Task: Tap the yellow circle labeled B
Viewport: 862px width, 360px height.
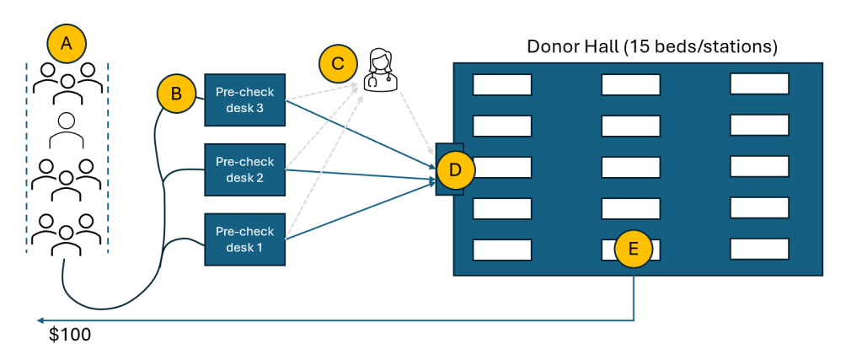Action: pyautogui.click(x=176, y=94)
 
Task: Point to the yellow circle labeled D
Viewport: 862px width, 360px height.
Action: pyautogui.click(x=456, y=169)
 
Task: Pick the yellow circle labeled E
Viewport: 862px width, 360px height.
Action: pyautogui.click(x=634, y=248)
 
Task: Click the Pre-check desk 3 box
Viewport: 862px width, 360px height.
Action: pyautogui.click(x=245, y=99)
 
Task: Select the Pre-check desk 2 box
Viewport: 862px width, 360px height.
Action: pyautogui.click(x=245, y=169)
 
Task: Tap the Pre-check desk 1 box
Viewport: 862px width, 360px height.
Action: pyautogui.click(x=245, y=239)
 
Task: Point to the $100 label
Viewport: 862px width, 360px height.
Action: pyautogui.click(x=70, y=335)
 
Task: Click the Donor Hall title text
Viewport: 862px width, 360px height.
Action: pyautogui.click(x=651, y=46)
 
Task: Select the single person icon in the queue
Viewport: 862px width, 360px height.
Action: pyautogui.click(x=67, y=128)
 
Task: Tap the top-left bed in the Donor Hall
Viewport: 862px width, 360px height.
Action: pyautogui.click(x=502, y=84)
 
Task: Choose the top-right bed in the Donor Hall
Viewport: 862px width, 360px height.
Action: pyautogui.click(x=759, y=84)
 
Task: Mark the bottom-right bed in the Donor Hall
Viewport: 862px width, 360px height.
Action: pyautogui.click(x=759, y=249)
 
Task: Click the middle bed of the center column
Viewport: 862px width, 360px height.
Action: pyautogui.click(x=630, y=167)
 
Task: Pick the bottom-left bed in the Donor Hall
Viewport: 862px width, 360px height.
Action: pyautogui.click(x=502, y=250)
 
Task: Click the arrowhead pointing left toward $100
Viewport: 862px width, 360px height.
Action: pyautogui.click(x=40, y=320)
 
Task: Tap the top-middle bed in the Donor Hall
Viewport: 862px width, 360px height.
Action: pyautogui.click(x=630, y=84)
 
